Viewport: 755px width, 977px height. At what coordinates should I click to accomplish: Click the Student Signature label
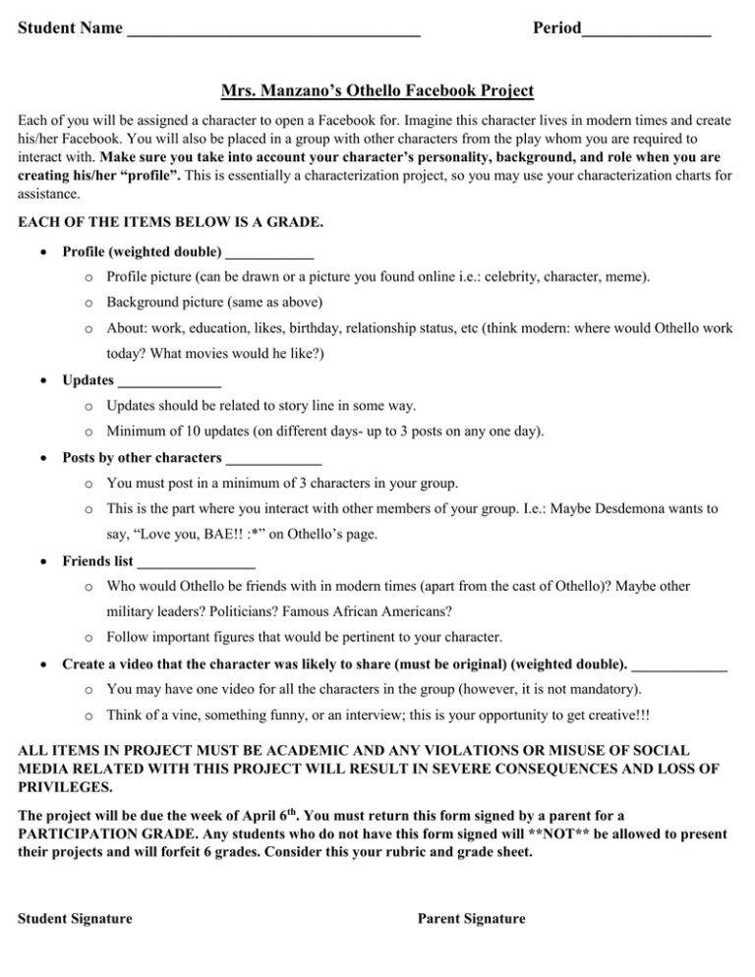[76, 920]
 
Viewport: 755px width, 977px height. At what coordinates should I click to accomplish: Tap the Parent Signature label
[472, 920]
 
